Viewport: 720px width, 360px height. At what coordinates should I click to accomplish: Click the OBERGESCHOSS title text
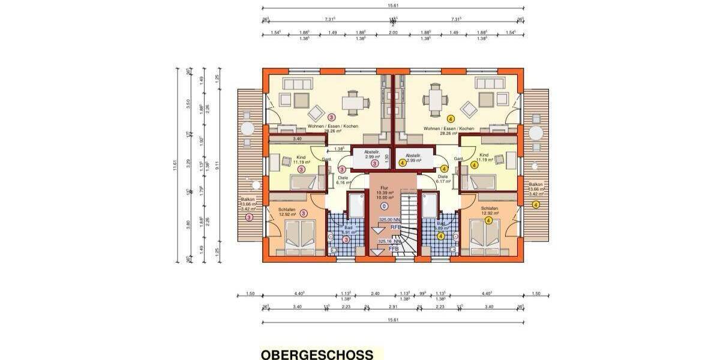pyautogui.click(x=317, y=355)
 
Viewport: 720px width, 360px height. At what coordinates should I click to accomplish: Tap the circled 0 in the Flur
pyautogui.click(x=384, y=206)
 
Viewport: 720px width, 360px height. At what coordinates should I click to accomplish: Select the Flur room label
pyautogui.click(x=384, y=187)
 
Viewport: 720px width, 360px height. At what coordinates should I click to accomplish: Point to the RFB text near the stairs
pyautogui.click(x=395, y=227)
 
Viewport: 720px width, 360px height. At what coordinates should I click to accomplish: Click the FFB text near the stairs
pyautogui.click(x=394, y=248)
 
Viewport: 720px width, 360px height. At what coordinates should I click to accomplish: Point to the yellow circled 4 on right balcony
pyautogui.click(x=536, y=205)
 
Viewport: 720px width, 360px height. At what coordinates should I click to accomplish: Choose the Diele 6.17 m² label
pyautogui.click(x=443, y=179)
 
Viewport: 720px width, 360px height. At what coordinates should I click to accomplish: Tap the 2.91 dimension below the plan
pyautogui.click(x=393, y=307)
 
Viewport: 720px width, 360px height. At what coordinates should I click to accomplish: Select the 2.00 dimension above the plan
pyautogui.click(x=393, y=33)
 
